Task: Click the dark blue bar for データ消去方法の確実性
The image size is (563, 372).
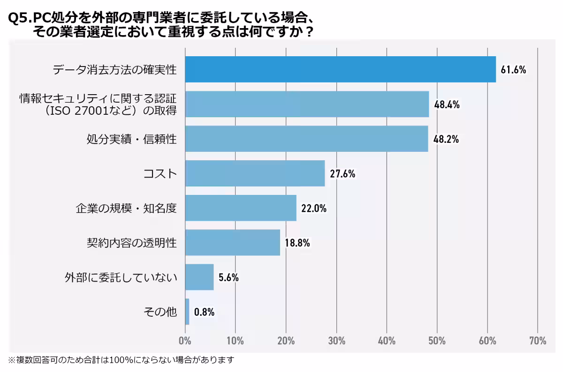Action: tap(340, 69)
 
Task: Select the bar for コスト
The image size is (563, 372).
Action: tap(255, 173)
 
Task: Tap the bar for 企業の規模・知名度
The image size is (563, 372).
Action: tap(241, 208)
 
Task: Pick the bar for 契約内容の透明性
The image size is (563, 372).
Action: tap(232, 243)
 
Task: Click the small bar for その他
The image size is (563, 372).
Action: tap(187, 312)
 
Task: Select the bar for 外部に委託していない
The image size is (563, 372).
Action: tap(199, 277)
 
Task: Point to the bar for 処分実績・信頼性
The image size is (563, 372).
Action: tap(306, 139)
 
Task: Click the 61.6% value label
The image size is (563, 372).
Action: tap(513, 70)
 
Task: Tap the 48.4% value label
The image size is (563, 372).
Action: tap(446, 104)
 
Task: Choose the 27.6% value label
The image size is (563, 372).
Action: tap(342, 174)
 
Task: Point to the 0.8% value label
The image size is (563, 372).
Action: tap(204, 312)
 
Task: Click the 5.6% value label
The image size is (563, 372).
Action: tap(228, 277)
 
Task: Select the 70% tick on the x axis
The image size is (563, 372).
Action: tap(537, 340)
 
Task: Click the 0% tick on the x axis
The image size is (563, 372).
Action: tap(185, 340)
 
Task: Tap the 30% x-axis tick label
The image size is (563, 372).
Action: tap(336, 340)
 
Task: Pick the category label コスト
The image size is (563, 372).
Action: tap(160, 174)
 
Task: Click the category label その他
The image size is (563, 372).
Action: tap(160, 312)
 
